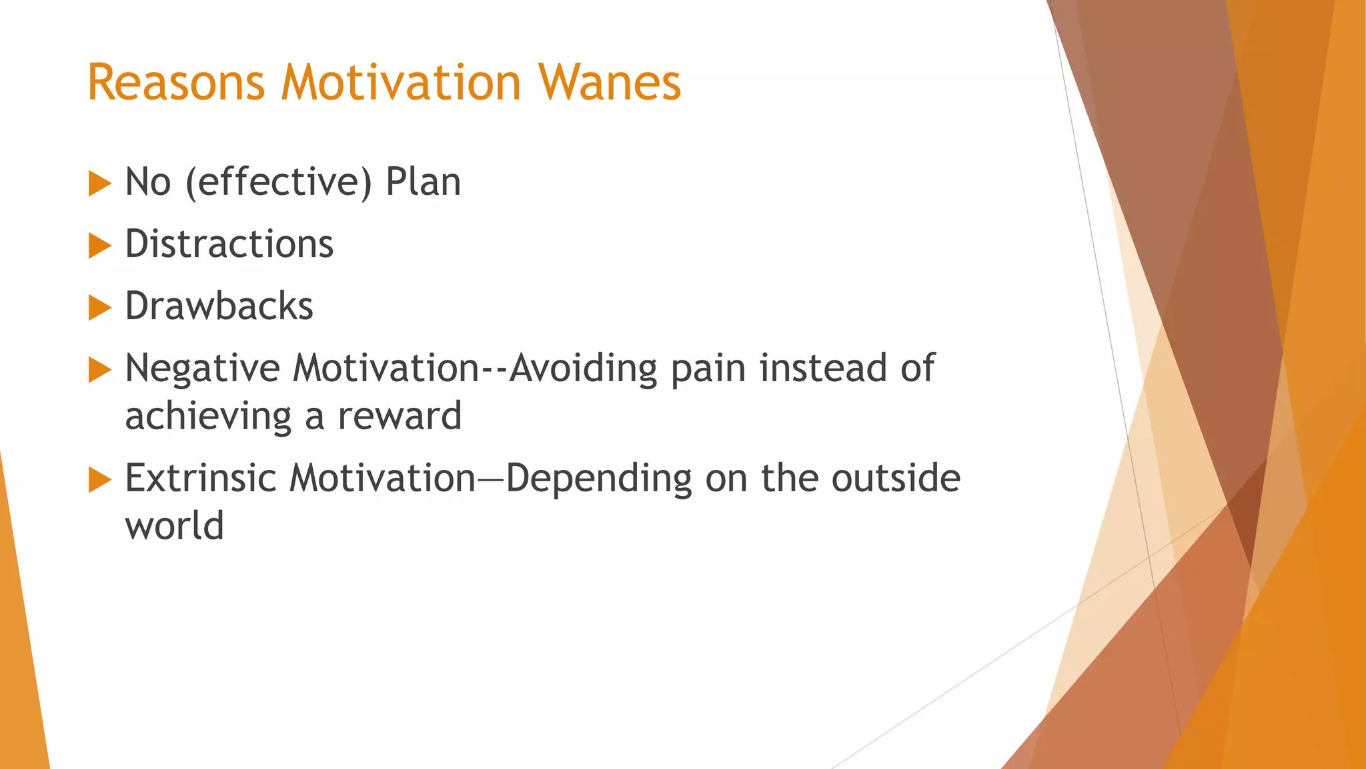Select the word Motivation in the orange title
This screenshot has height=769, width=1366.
pyautogui.click(x=401, y=83)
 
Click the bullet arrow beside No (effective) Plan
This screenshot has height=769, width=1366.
pyautogui.click(x=99, y=184)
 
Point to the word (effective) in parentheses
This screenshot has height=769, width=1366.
pyautogui.click(x=278, y=182)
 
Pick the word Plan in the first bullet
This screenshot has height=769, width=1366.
pyautogui.click(x=423, y=182)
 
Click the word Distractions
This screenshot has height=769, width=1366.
pyautogui.click(x=229, y=244)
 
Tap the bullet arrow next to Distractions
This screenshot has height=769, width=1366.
pyautogui.click(x=99, y=246)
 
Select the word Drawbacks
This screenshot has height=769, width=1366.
pyautogui.click(x=219, y=306)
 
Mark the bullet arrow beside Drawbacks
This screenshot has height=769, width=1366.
pyautogui.click(x=99, y=308)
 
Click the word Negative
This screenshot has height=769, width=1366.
pyautogui.click(x=202, y=369)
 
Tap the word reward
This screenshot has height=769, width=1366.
pyautogui.click(x=400, y=416)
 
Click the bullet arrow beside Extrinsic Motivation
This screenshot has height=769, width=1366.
pyautogui.click(x=99, y=480)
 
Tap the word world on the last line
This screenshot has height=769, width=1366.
pyautogui.click(x=174, y=526)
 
